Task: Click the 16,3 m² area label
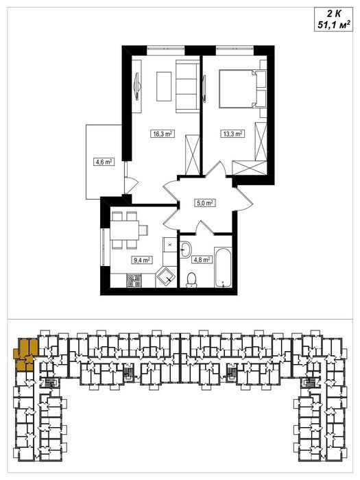pos(163,134)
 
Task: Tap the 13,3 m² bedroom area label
pos(232,134)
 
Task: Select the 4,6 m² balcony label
pos(104,162)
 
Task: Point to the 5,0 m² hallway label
pos(205,203)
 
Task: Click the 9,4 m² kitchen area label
pos(142,260)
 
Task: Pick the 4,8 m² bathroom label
pos(201,260)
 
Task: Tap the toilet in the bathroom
pos(192,280)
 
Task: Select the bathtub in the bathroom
pos(223,267)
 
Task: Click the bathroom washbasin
pos(185,248)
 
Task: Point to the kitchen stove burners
pos(134,280)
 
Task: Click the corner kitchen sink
pos(166,276)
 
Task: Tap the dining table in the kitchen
pos(125,230)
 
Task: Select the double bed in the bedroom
pos(237,88)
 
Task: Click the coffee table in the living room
pos(164,86)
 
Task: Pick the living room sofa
pos(187,86)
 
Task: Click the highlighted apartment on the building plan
pos(26,355)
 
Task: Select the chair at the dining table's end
pos(143,230)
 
